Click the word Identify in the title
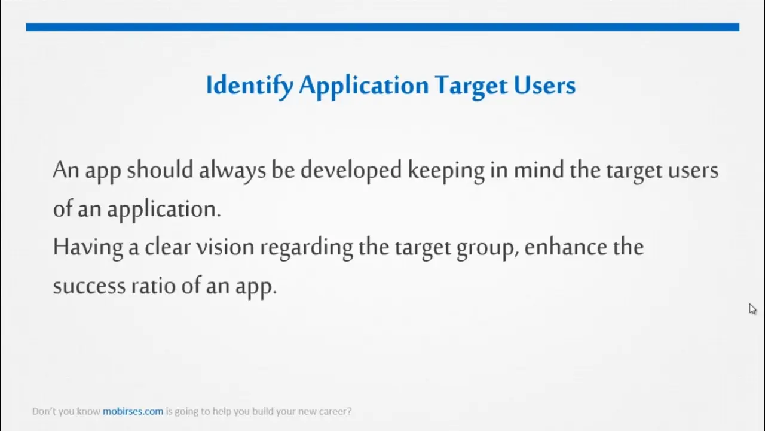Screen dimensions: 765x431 click(250, 86)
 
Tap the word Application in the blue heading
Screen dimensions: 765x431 click(364, 86)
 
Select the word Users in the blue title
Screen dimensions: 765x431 click(544, 85)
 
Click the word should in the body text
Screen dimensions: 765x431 click(160, 169)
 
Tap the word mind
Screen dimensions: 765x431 click(539, 169)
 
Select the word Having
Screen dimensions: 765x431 click(88, 248)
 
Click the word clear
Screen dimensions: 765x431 click(167, 247)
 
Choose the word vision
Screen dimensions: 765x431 click(225, 247)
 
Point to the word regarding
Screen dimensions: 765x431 click(307, 248)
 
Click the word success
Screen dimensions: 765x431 click(89, 286)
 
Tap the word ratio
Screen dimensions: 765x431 click(154, 286)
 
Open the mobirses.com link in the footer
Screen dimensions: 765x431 click(133, 411)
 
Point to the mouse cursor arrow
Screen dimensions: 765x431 click(752, 309)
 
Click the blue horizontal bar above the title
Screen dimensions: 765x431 click(383, 27)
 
